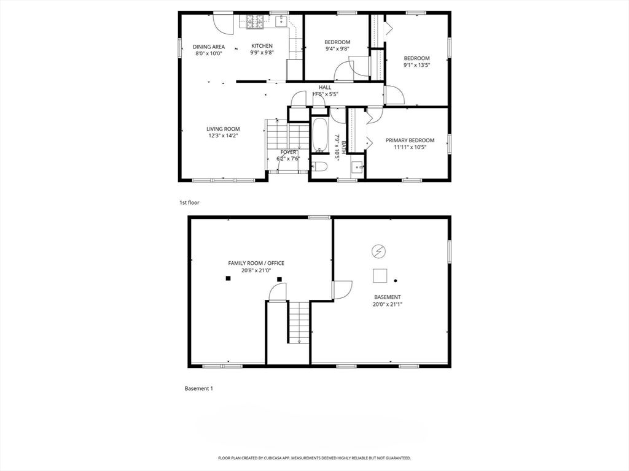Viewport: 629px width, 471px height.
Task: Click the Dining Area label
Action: point(209,47)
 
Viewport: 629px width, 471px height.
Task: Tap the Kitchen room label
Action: point(262,46)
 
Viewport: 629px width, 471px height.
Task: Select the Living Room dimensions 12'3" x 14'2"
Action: point(223,136)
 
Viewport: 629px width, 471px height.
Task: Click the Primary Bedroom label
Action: point(410,140)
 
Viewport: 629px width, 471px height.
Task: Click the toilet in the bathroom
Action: point(319,166)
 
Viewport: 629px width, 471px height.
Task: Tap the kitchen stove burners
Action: point(256,23)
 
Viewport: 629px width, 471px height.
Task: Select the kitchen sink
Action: point(281,23)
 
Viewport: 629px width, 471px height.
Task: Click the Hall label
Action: point(325,87)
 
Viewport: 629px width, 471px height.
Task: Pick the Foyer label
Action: point(289,151)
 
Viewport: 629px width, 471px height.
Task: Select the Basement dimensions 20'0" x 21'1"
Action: point(387,304)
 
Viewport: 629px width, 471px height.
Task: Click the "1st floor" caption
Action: point(189,202)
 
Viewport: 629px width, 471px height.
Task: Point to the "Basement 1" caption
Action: point(199,388)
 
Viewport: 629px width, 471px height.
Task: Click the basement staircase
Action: point(299,321)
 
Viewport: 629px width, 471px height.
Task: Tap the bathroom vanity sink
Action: point(357,166)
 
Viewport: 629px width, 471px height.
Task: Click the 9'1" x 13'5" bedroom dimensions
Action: point(416,65)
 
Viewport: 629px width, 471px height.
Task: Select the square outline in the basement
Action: point(380,276)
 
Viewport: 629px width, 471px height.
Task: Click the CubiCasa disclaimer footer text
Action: point(314,458)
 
